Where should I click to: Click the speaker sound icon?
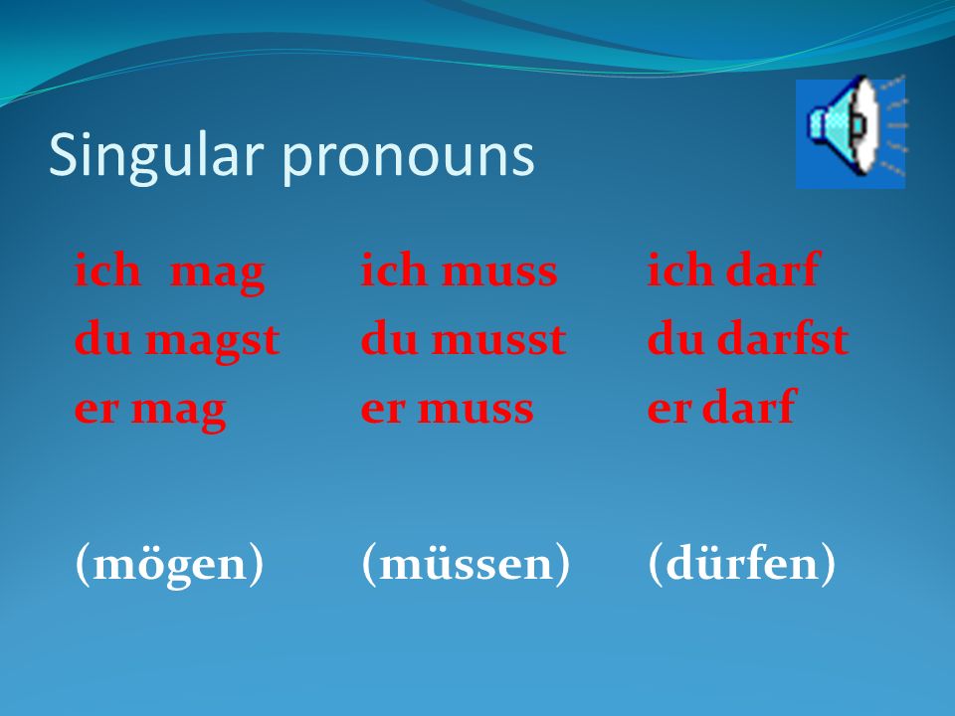pyautogui.click(x=851, y=133)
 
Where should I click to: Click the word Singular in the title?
pyautogui.click(x=156, y=156)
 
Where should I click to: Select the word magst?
pyautogui.click(x=213, y=341)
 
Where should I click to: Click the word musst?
pyautogui.click(x=499, y=340)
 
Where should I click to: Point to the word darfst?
pyautogui.click(x=783, y=337)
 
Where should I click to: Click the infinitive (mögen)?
pyautogui.click(x=169, y=563)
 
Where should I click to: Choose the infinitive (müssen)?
pyautogui.click(x=466, y=563)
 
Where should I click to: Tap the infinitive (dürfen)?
pyautogui.click(x=742, y=563)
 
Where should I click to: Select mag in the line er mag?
pyautogui.click(x=179, y=412)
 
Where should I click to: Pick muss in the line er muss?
pyautogui.click(x=476, y=409)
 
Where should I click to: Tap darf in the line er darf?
pyautogui.click(x=749, y=406)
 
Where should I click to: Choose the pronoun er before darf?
pyautogui.click(x=668, y=409)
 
